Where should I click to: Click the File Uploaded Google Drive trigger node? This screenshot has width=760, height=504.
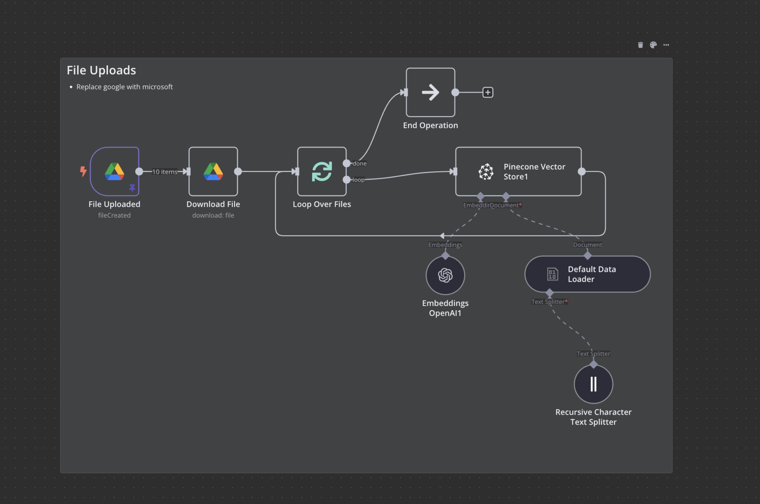pos(114,171)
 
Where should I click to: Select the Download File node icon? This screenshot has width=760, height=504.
pos(213,171)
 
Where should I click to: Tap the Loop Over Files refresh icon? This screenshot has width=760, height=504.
pos(322,171)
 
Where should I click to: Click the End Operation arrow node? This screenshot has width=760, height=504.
pos(430,92)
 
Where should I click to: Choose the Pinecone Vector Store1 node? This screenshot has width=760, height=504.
pos(518,171)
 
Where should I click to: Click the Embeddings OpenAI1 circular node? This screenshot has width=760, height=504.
pos(445,275)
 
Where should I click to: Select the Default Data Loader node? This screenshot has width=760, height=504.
pos(587,274)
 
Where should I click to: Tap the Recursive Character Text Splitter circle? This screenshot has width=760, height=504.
pos(593,384)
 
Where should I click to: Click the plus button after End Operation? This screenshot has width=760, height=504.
pos(488,92)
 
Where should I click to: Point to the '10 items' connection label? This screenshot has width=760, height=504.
pos(165,172)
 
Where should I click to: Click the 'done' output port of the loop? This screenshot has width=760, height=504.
pos(347,163)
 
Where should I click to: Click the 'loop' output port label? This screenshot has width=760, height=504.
pos(358,180)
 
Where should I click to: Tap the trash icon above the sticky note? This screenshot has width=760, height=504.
pos(640,45)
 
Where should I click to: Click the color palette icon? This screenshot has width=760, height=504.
pos(653,45)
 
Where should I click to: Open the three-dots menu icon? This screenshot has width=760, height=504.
pos(666,45)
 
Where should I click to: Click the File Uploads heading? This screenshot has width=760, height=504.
pos(101,70)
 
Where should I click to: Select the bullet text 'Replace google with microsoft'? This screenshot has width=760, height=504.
pos(124,87)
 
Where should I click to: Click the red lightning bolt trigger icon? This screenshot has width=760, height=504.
pos(83,171)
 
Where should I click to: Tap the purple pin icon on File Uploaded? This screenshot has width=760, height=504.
pos(132,187)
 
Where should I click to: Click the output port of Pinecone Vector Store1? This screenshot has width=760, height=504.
pos(581,171)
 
